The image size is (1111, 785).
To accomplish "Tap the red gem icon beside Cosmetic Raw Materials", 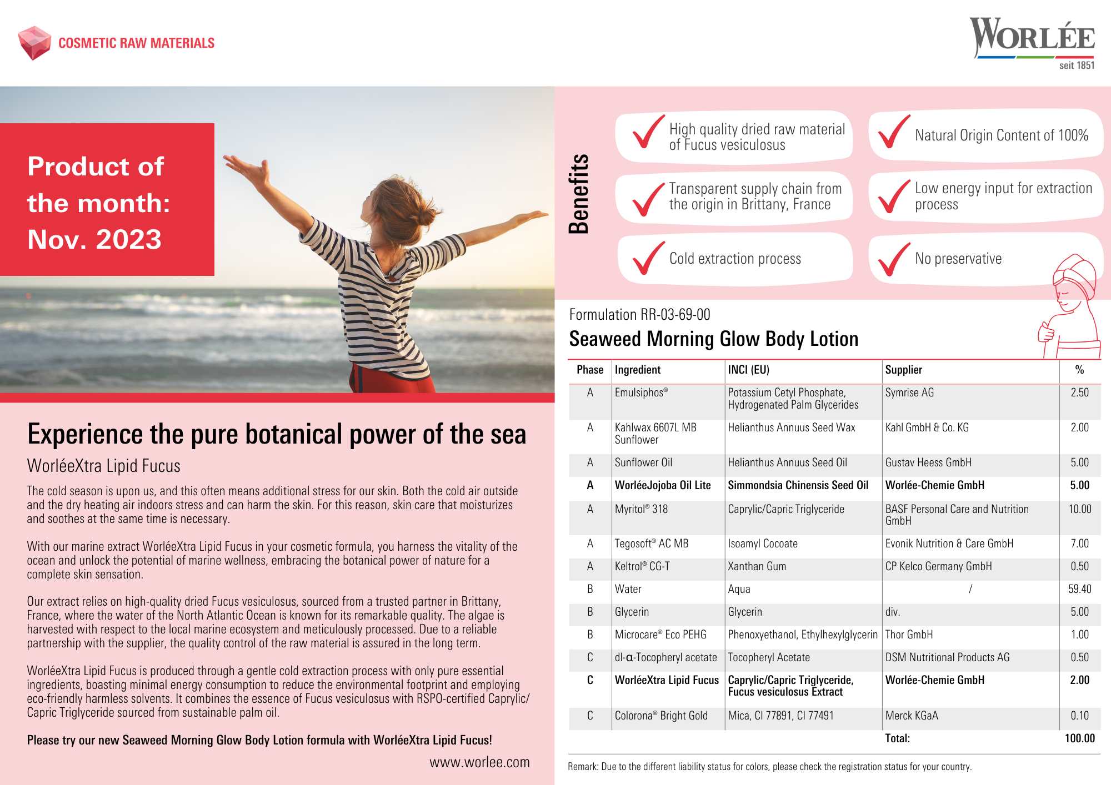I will coord(34,42).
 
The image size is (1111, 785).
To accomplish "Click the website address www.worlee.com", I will coord(479,762).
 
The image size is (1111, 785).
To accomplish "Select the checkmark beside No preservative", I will coord(894,259).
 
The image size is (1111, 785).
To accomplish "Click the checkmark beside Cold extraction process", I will coord(648,258).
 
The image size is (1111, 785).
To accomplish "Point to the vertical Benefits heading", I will coord(578,194).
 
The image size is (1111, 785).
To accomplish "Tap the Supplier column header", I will coord(903,370).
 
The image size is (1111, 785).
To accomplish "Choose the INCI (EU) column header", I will coord(748,370).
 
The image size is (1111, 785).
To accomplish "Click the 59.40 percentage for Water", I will coord(1079,589).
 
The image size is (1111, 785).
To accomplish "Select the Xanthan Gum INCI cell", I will coord(757,566).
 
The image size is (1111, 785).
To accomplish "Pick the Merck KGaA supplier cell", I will coord(912,716).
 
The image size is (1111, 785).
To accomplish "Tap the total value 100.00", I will coord(1079,738).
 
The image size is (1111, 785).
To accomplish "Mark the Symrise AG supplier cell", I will coord(909,392).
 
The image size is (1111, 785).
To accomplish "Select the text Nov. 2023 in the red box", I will coord(94,239).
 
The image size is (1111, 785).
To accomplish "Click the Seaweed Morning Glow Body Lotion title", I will coord(714,339).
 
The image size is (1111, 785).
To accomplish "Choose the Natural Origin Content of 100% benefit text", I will coord(1001,135).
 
